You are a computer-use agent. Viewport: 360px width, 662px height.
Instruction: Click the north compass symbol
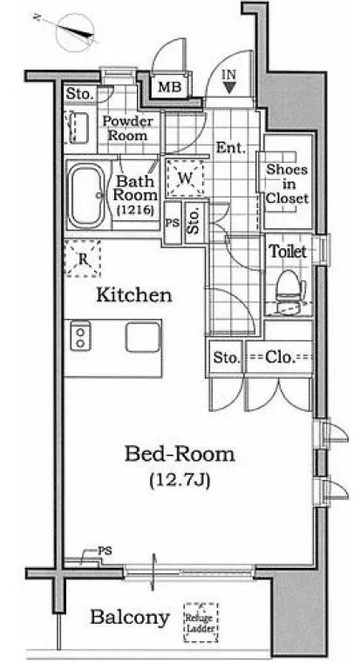(74, 30)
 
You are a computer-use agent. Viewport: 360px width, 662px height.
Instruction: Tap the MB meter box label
(169, 87)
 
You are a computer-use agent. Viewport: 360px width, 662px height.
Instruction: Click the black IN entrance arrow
(229, 87)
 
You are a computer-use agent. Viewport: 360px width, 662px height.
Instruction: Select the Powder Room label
(128, 128)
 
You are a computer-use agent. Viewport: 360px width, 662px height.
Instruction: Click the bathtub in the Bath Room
(85, 196)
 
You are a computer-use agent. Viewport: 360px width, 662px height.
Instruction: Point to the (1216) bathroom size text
(136, 209)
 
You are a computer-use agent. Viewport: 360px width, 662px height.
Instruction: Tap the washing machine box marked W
(185, 179)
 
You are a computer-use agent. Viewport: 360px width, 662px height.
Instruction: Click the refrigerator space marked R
(83, 259)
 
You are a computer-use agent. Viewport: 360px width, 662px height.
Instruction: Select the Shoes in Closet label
(288, 184)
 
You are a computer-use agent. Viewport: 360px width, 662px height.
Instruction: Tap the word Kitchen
(134, 295)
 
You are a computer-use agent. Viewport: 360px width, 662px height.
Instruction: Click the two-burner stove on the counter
(80, 335)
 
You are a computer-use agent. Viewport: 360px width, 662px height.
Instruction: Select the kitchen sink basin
(143, 336)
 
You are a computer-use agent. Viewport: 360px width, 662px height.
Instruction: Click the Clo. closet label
(280, 358)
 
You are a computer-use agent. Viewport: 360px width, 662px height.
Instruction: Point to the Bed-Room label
(180, 455)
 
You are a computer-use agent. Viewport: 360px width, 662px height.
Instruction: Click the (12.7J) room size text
(180, 480)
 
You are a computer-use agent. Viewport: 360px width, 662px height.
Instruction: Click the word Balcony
(130, 618)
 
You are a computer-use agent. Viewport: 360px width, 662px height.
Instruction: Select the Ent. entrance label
(231, 148)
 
